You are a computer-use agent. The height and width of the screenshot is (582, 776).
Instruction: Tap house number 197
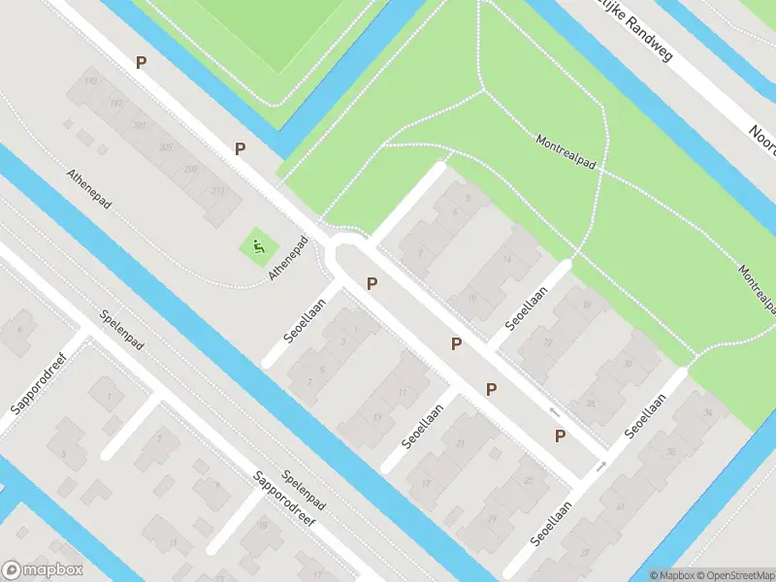(x=116, y=104)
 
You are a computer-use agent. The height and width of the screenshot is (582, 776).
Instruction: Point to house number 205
(x=166, y=147)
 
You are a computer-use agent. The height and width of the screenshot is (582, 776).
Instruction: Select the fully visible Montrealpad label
(x=566, y=153)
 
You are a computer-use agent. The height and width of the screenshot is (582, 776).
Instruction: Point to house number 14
(x=506, y=259)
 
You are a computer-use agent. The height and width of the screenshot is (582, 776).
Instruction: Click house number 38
(x=669, y=452)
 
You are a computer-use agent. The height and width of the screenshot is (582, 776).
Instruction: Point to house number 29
(x=492, y=519)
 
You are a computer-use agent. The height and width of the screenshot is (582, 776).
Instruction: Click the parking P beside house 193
(x=142, y=62)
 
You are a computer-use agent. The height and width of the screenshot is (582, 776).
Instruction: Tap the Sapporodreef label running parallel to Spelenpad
(x=288, y=504)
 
